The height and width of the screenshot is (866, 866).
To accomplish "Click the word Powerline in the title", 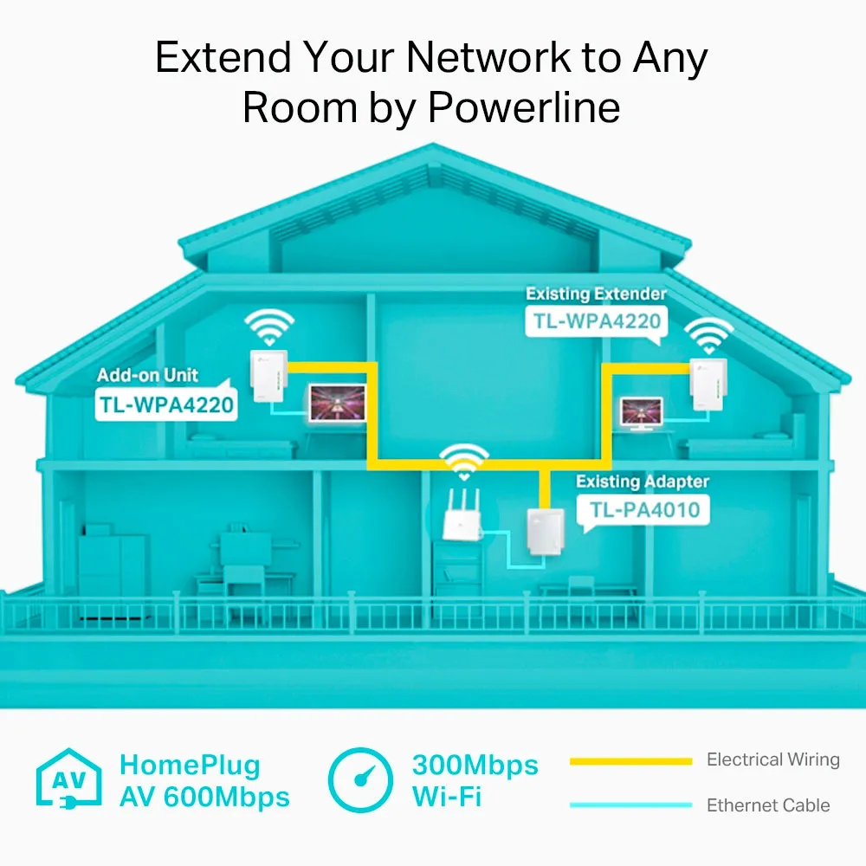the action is click(524, 107).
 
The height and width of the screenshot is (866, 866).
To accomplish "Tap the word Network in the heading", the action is click(488, 57).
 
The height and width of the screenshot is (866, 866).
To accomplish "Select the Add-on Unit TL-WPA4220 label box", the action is click(166, 404).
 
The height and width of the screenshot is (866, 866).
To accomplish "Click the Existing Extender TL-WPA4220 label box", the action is click(597, 321).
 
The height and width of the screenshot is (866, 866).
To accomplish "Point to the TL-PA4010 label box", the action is click(643, 509).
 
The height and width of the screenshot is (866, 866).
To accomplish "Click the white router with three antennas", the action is click(462, 515).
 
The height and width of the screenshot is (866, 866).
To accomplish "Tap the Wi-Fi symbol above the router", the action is click(464, 462).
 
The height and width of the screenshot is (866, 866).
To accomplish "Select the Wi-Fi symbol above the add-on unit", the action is click(269, 327).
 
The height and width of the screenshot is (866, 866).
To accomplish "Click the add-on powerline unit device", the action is click(269, 376).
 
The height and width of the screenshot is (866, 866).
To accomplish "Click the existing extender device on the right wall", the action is click(708, 385).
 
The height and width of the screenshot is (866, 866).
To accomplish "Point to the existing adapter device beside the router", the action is click(546, 532).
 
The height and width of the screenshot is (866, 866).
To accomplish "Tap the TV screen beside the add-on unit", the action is click(338, 403).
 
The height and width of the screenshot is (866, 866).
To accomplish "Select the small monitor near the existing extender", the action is click(641, 412).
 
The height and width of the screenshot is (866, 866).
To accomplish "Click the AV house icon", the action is click(69, 779).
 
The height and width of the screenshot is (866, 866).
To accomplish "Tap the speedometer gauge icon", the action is click(360, 780).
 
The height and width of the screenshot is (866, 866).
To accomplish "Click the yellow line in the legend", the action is click(630, 761).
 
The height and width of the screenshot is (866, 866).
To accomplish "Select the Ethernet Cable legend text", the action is click(768, 805).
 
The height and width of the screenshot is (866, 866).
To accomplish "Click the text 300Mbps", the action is click(475, 766).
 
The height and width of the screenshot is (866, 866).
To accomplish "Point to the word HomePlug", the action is click(190, 766).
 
